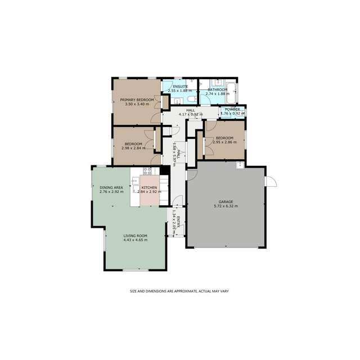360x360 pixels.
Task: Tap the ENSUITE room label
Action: pos(180,86)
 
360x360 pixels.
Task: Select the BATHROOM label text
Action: pos(217,89)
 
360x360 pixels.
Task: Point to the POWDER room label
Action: pos(232,109)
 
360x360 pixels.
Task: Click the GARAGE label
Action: pos(226,202)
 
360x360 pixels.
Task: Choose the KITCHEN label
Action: pos(149,187)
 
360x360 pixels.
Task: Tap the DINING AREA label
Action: pos(111,187)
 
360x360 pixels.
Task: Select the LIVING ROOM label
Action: pos(135,236)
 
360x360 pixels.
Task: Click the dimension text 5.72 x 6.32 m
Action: pos(226,206)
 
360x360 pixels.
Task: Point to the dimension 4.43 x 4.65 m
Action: pos(135,240)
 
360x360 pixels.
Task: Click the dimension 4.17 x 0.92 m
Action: pos(190,115)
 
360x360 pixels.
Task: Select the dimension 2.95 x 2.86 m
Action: pos(224,142)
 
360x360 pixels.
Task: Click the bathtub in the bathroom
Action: pos(233,91)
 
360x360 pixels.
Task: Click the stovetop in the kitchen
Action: pos(146,171)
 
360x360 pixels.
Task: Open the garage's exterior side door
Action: pos(271,182)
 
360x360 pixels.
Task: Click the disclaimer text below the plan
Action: pos(179,291)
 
